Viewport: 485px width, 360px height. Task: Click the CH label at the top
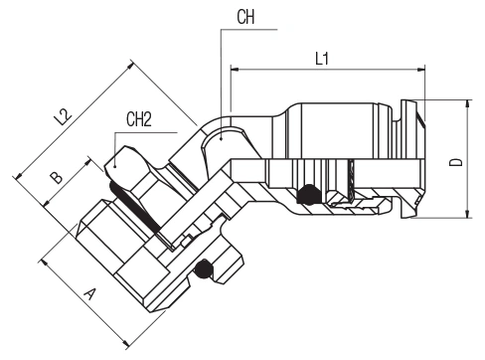pyautogui.click(x=245, y=17)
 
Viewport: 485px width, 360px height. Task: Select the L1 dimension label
pyautogui.click(x=322, y=59)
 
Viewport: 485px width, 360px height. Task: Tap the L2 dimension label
pyautogui.click(x=63, y=117)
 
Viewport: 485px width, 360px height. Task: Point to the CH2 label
pyautogui.click(x=139, y=119)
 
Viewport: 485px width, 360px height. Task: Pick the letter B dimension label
pyautogui.click(x=56, y=177)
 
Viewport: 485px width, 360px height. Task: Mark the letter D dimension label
pyautogui.click(x=456, y=162)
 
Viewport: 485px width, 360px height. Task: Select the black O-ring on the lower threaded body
pyautogui.click(x=203, y=270)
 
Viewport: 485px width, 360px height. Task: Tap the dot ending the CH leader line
pyautogui.click(x=221, y=139)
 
